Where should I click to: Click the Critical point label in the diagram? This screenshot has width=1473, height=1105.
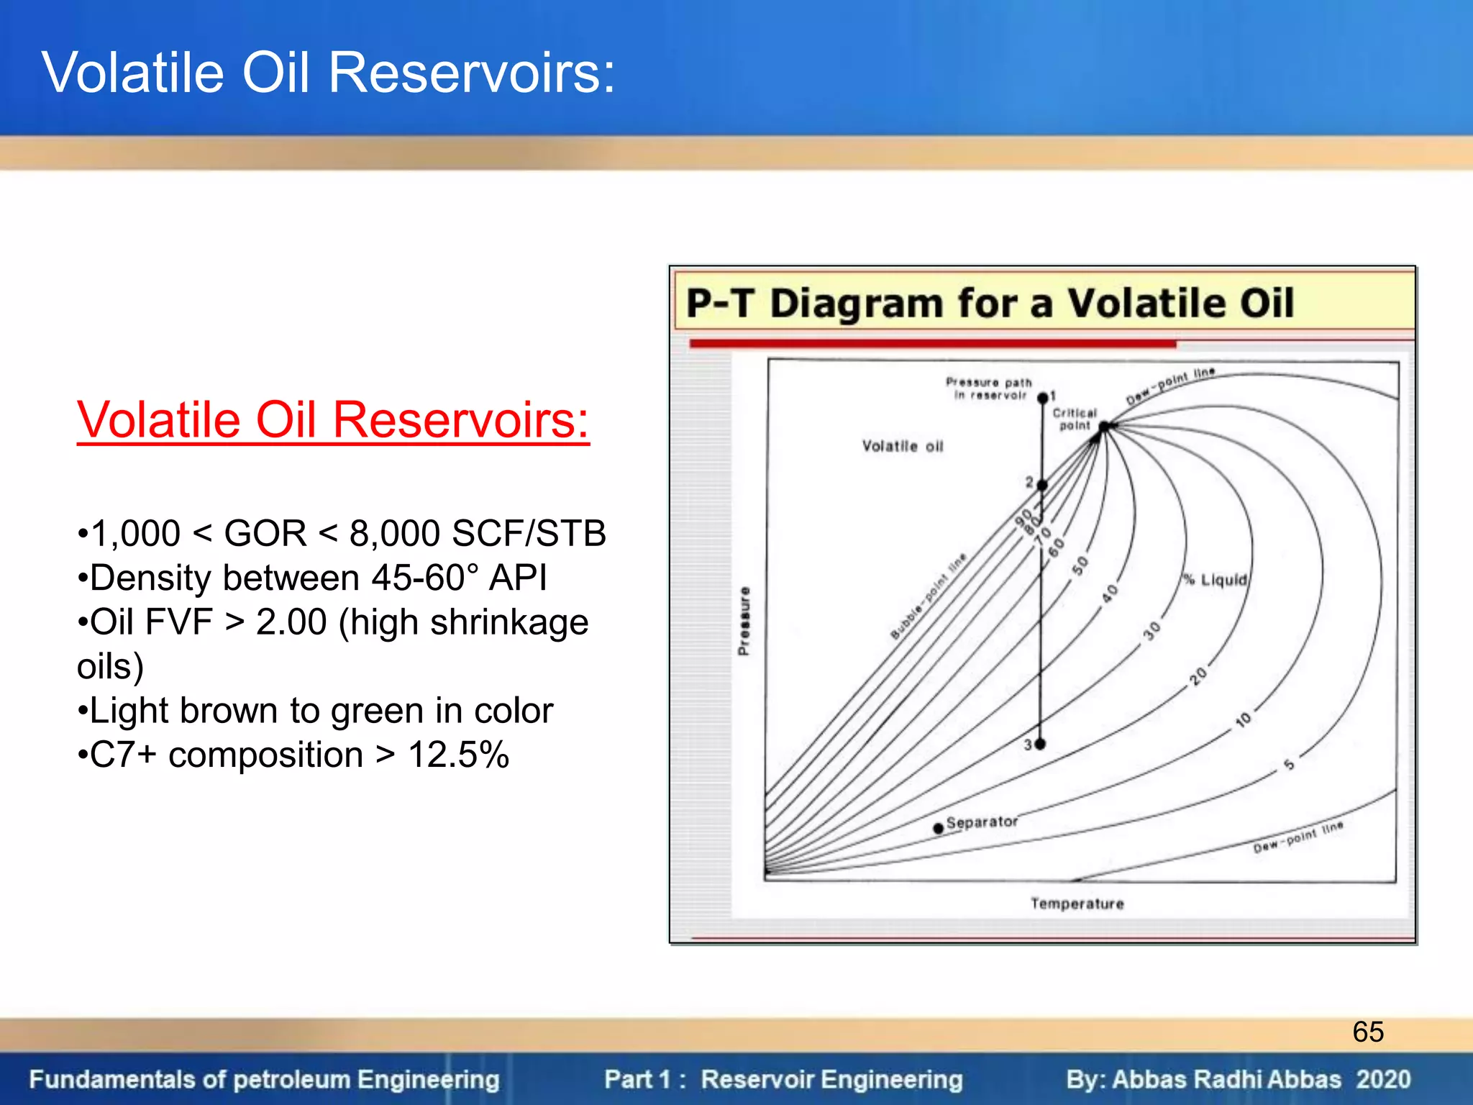coord(1075,419)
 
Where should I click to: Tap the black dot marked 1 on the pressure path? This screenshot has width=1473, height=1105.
coord(1043,398)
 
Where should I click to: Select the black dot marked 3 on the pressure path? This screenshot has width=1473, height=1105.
coord(1040,744)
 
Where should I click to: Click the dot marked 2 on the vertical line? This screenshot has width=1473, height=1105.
coord(1042,485)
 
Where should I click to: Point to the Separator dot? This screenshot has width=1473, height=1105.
coord(938,828)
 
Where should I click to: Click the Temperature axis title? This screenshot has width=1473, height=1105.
coord(1077,904)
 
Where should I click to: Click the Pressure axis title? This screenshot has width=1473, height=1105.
coord(744,621)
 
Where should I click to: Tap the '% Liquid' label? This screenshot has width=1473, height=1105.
coord(1216,580)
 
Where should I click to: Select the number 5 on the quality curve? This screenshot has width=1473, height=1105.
coord(1289,764)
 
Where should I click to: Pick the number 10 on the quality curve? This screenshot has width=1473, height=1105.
coord(1244,719)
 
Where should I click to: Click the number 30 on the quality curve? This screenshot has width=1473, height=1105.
coord(1152,631)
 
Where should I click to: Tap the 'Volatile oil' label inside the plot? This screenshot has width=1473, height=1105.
coord(903,447)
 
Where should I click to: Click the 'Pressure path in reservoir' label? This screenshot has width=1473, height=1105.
coord(990,388)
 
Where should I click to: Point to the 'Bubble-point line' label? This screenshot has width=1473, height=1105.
coord(929,596)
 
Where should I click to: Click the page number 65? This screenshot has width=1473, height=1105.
coord(1367,1032)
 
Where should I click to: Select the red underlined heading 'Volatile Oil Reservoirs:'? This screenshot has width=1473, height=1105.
coord(333,420)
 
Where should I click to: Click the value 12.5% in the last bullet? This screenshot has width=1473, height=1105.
coord(458,755)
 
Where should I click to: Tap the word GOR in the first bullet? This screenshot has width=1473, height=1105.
coord(265,534)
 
